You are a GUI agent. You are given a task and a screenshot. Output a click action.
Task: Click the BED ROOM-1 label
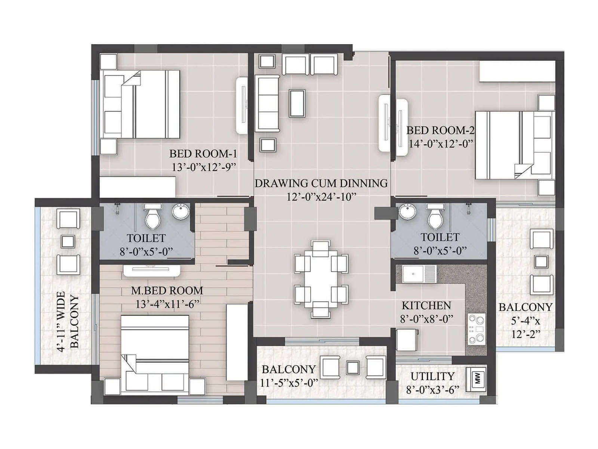pyautogui.click(x=203, y=154)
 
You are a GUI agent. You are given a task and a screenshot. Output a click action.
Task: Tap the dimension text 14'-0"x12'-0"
pyautogui.click(x=441, y=144)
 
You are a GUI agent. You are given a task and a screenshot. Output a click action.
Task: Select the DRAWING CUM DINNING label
pyautogui.click(x=321, y=183)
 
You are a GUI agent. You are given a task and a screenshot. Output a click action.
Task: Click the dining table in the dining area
pyautogui.click(x=321, y=279)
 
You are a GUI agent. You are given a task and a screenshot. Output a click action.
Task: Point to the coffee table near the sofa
pyautogui.click(x=297, y=103)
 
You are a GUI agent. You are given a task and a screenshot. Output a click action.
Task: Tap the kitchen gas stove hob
pyautogui.click(x=476, y=329)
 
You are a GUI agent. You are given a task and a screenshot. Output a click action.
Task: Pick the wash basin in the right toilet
pyautogui.click(x=407, y=212)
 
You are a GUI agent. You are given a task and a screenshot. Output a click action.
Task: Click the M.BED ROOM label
pyautogui.click(x=167, y=291)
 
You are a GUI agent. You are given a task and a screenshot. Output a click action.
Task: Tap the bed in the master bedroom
pyautogui.click(x=155, y=354)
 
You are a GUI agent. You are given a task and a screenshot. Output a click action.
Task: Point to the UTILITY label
pyautogui.click(x=432, y=376)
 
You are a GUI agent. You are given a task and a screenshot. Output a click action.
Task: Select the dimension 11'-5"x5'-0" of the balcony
pyautogui.click(x=289, y=383)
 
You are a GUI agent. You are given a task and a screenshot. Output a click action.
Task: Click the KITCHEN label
pyautogui.click(x=426, y=306)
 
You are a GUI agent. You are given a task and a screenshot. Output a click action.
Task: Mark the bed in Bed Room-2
pyautogui.click(x=514, y=145)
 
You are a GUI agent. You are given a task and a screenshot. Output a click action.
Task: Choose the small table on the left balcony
pyautogui.click(x=68, y=241)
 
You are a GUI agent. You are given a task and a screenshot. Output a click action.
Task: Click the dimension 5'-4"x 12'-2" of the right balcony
pyautogui.click(x=525, y=327)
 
